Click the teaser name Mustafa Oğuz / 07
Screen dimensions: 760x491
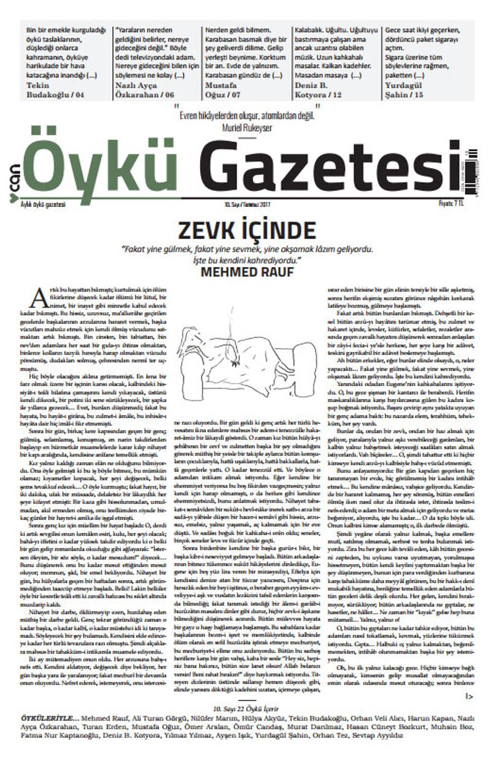click(x=227, y=89)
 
